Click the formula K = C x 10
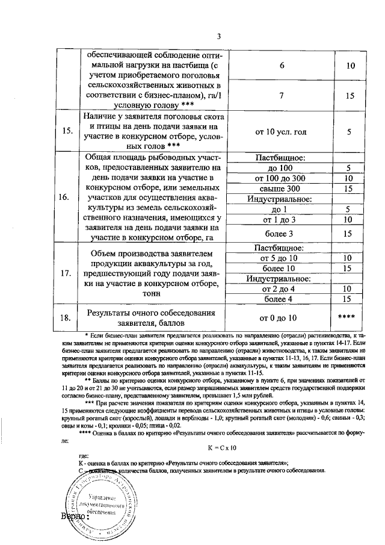coord(222,447)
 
